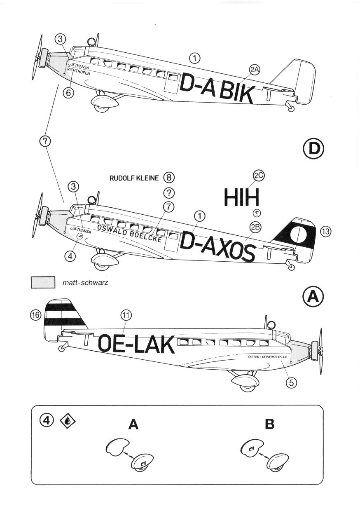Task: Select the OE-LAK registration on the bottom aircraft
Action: click(x=137, y=344)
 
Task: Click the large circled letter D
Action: click(x=313, y=149)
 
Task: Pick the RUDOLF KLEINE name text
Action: click(x=134, y=178)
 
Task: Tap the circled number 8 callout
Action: click(x=169, y=178)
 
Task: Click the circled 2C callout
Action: click(x=259, y=176)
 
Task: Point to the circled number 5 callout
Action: click(x=291, y=382)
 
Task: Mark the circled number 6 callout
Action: click(x=69, y=93)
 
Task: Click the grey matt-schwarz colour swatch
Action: click(x=43, y=283)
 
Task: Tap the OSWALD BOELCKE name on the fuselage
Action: click(x=129, y=234)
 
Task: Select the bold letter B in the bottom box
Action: click(x=270, y=424)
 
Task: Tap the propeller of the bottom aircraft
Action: click(x=319, y=351)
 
